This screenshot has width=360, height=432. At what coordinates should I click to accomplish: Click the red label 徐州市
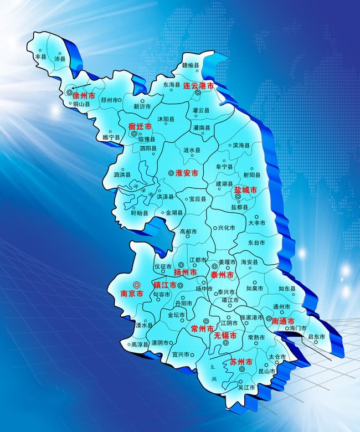(84, 96)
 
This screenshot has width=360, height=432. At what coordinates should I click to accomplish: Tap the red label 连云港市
(199, 85)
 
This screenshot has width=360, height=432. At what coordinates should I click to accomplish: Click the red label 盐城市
(245, 190)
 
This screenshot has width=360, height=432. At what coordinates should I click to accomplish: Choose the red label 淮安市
(187, 173)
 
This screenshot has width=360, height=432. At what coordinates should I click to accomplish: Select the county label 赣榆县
(193, 65)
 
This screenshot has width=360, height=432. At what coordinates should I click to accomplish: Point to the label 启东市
(316, 336)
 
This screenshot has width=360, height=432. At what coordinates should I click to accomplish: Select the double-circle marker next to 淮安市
(171, 173)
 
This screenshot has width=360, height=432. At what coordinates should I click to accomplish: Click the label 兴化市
(227, 228)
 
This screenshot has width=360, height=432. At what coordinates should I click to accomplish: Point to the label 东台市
(256, 243)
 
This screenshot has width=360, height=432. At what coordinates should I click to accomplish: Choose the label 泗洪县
(122, 175)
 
